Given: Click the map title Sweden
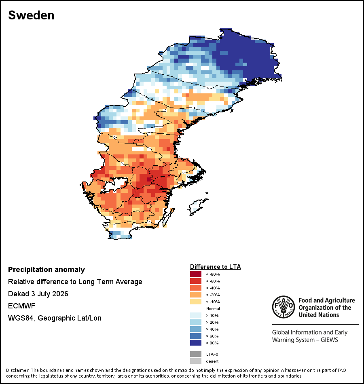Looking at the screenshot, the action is tap(31, 15).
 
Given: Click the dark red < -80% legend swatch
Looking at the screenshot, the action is tap(196, 274).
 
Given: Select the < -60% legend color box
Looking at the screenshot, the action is tap(196, 281).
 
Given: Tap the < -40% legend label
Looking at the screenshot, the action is tap(213, 288).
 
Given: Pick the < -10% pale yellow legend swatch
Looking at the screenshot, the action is tap(196, 302).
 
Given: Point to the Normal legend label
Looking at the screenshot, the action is tap(213, 308).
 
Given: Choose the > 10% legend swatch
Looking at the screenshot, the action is tap(196, 315).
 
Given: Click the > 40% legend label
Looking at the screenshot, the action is tap(212, 329).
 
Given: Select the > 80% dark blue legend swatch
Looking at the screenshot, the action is tap(196, 343).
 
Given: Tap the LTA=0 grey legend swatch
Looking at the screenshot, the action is tap(196, 354).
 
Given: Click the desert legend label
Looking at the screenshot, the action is tap(212, 361).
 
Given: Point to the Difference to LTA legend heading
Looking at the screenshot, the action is tap(215, 267).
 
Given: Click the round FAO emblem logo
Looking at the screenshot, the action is tap(284, 307).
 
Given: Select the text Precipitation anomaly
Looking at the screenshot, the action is tap(47, 270).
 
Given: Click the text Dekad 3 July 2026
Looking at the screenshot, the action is tap(38, 294).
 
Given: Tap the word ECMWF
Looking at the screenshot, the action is tap(22, 306).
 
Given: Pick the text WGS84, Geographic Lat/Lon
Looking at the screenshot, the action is tap(55, 318).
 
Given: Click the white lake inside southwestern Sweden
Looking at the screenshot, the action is tap(115, 184).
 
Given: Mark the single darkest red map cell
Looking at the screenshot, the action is tap(149, 179).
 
